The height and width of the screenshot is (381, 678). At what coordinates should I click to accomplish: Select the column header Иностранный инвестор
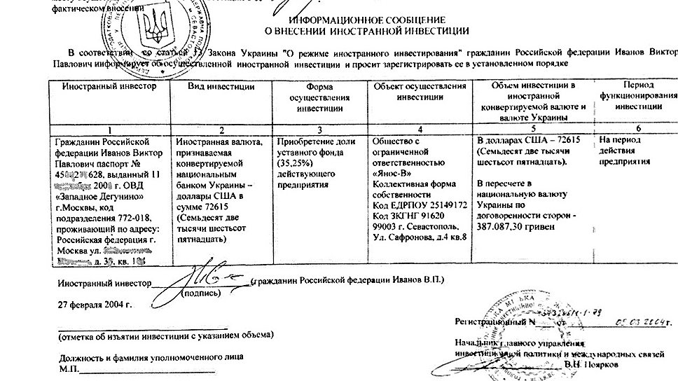104,86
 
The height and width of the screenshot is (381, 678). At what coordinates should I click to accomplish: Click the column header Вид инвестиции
221,86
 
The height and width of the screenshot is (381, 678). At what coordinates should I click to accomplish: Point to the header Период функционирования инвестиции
629,97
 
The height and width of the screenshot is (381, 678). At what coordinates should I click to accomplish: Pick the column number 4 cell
420,129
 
